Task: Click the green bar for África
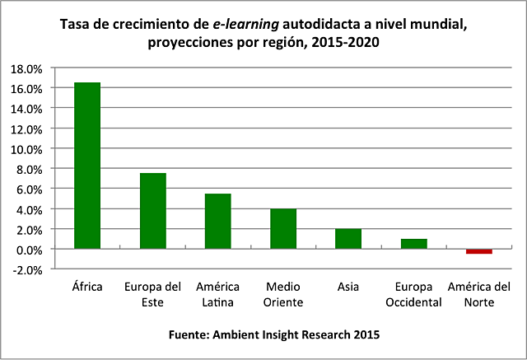coord(87,165)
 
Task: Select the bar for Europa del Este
coord(152,211)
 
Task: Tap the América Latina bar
coord(217,221)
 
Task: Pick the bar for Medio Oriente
coord(283,228)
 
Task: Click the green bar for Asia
coord(348,238)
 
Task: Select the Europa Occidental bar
coord(413,244)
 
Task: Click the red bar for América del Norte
coord(478,251)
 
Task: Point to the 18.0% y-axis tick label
coord(28,68)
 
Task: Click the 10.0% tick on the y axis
coord(28,148)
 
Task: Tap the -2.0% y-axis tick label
coord(28,269)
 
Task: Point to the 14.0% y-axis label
coord(28,108)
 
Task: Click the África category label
coord(87,287)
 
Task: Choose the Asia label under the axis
coord(348,287)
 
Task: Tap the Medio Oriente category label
coord(283,294)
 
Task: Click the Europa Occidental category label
coord(413,294)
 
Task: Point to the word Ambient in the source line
coord(235,334)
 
